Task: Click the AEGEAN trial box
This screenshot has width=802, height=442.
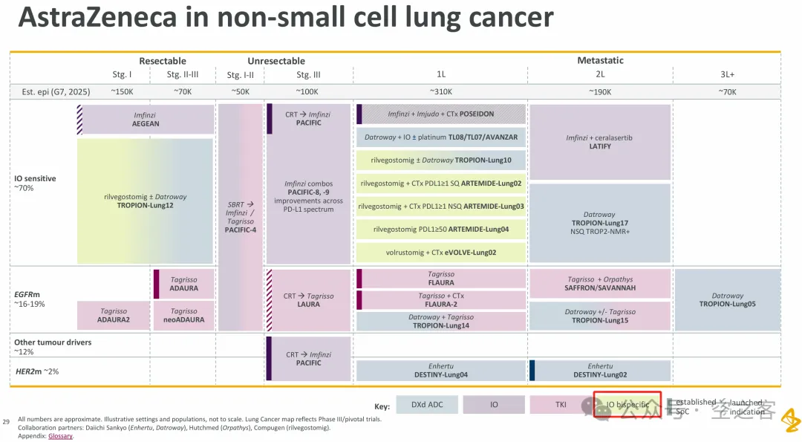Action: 146,119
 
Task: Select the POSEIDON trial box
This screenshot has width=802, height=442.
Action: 441,114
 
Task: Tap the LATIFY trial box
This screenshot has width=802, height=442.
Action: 599,142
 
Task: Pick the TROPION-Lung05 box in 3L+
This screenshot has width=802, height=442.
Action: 727,299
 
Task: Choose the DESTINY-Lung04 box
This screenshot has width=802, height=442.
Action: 441,371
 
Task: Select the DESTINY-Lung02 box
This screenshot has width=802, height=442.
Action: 601,371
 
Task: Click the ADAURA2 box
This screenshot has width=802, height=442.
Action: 113,316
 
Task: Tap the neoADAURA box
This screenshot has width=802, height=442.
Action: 184,316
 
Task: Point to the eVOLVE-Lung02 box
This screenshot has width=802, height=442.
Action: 441,253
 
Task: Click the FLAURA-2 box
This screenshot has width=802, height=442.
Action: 441,300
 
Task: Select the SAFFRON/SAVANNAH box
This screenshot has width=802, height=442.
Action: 601,284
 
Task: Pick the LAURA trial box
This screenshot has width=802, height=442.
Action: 308,300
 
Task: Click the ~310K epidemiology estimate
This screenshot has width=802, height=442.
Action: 441,91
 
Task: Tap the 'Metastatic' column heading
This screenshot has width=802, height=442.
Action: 600,60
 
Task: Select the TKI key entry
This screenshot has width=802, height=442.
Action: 561,405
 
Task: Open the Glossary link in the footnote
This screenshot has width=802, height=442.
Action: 61,436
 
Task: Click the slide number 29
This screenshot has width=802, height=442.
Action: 7,422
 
